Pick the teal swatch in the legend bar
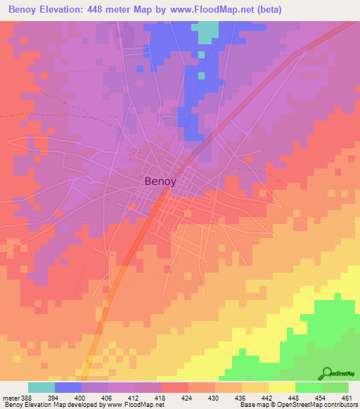pyautogui.click(x=41, y=387)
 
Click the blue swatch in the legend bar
pyautogui.click(x=68, y=387)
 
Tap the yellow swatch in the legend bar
pyautogui.click(x=282, y=387)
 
